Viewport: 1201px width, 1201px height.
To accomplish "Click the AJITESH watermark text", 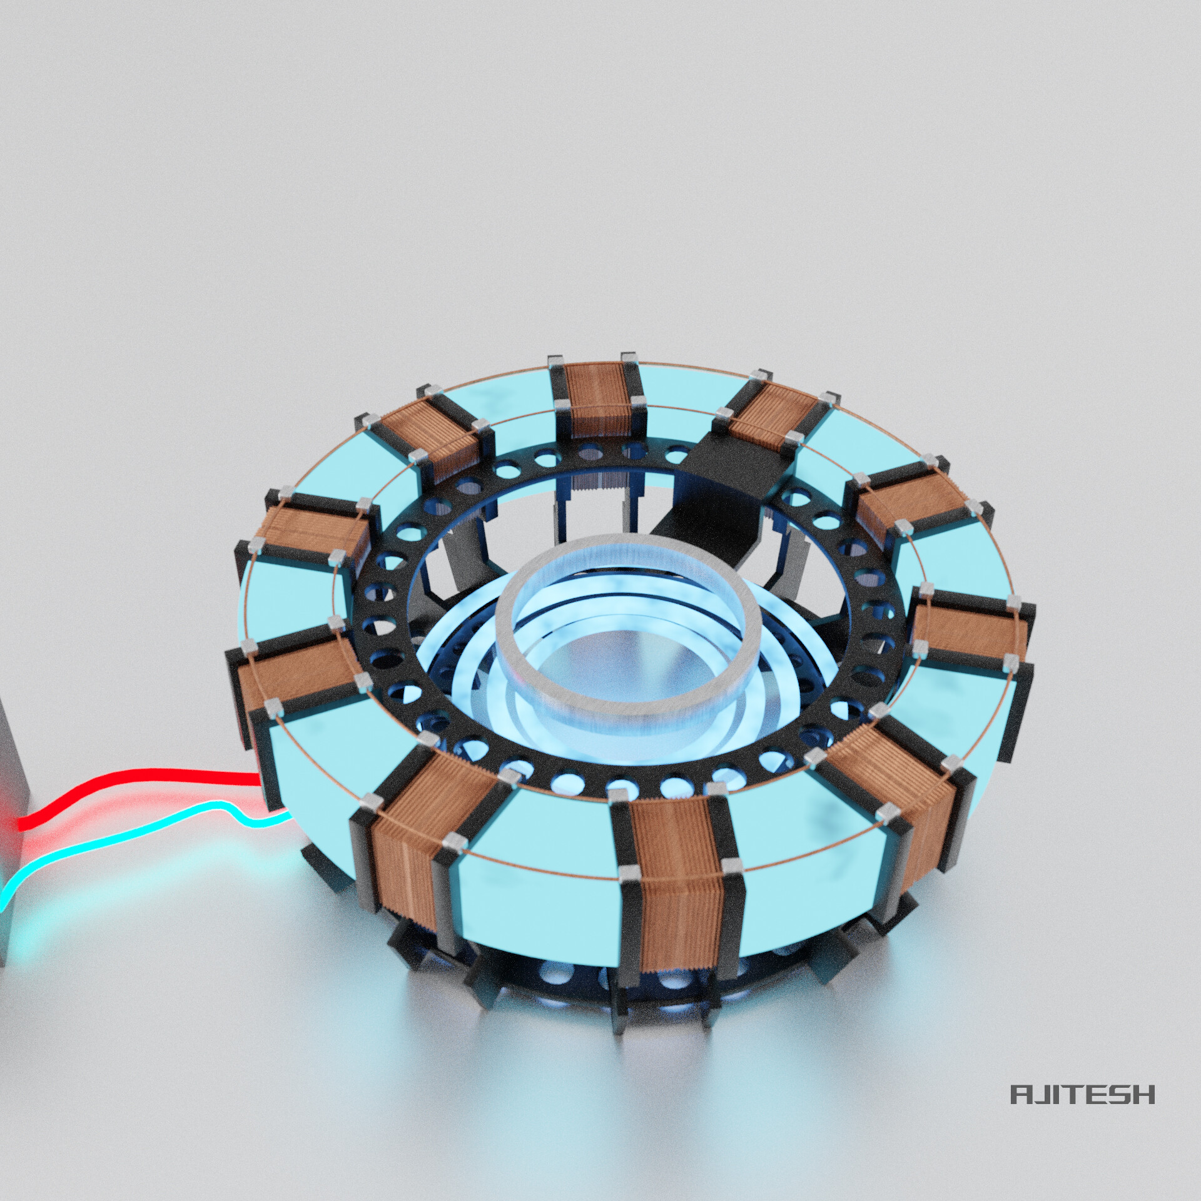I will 1082,1112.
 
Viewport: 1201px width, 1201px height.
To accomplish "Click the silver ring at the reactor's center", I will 632,688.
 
